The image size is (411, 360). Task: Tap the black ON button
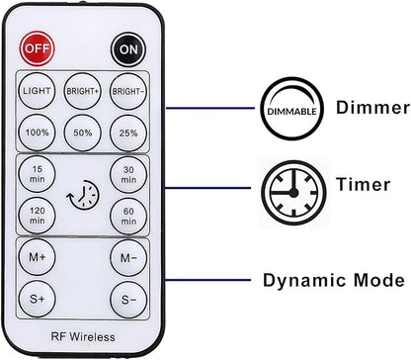pos(128,49)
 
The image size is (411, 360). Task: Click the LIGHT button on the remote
pos(37,91)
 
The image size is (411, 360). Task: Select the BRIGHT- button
pos(128,91)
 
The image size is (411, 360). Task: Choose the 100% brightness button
pos(37,133)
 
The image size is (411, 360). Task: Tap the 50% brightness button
pos(83,133)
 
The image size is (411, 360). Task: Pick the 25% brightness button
pos(128,133)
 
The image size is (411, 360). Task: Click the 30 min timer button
pos(128,174)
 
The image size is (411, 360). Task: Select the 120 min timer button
pos(37,216)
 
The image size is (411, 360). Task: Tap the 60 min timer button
pos(128,216)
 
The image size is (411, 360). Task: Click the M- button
pos(128,257)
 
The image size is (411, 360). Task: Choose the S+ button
pos(37,299)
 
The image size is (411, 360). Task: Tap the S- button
pos(128,299)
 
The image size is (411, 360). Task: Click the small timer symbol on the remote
pos(83,195)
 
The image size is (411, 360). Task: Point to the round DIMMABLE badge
pos(292,109)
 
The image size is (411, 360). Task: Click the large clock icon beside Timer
pos(293,193)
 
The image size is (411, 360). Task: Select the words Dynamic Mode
pos(334,281)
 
